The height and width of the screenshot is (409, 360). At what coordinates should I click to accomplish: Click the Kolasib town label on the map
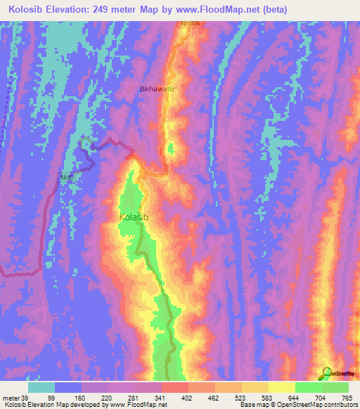[134, 217]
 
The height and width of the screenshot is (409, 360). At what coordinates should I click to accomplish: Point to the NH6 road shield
[67, 178]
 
